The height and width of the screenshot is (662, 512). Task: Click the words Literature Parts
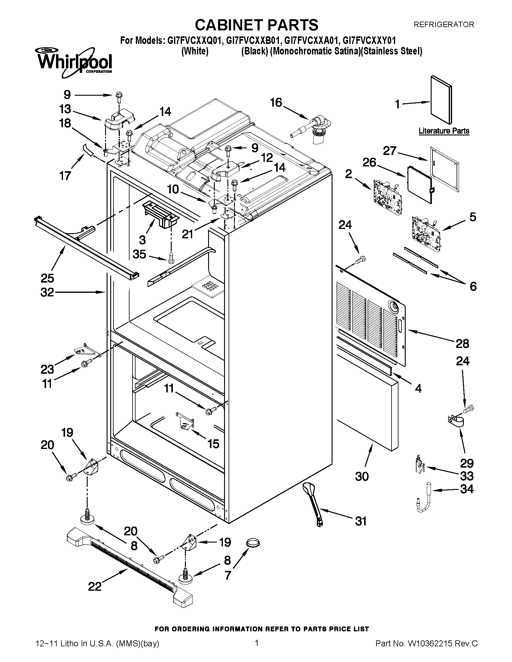[x=444, y=131]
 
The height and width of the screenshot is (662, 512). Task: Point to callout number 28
[x=462, y=344]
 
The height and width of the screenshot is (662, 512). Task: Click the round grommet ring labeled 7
[x=253, y=543]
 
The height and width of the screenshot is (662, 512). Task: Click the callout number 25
[x=47, y=278]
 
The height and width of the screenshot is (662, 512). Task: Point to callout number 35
[x=139, y=254]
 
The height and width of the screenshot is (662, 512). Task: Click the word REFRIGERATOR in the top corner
[x=444, y=25]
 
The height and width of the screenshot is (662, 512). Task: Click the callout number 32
[x=47, y=292]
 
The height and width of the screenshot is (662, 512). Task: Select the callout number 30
[x=362, y=477]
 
